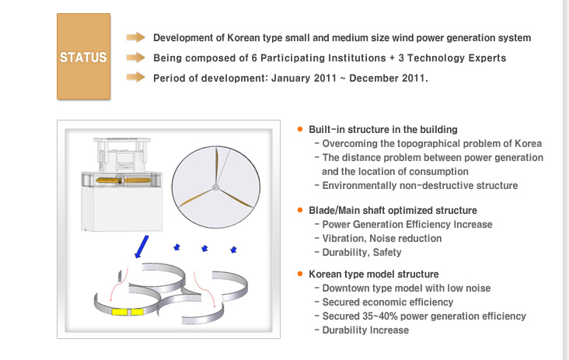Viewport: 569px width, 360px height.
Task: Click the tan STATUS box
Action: tap(83, 57)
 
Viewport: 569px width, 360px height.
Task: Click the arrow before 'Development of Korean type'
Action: tap(136, 37)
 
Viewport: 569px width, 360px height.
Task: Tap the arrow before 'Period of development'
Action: tap(136, 77)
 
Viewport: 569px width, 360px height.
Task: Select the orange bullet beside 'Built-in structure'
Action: tap(300, 129)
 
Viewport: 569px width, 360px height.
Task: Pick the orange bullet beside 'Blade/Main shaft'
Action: tap(300, 210)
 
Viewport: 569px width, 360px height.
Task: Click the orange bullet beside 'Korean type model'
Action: tap(300, 274)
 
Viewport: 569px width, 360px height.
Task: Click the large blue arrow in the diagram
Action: tap(141, 246)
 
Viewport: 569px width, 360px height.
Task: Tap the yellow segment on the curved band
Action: tap(127, 312)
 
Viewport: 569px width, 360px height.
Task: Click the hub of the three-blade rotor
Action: tap(215, 187)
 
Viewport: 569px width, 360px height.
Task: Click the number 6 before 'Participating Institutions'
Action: tap(254, 58)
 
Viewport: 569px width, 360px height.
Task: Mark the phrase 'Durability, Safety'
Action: tap(361, 252)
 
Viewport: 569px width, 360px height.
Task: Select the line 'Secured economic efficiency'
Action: tap(388, 302)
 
